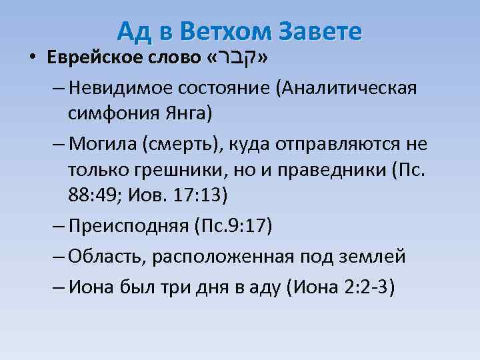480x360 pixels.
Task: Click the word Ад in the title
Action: tap(133, 31)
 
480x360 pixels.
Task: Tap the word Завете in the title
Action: tap(319, 31)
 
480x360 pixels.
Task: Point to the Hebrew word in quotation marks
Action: tap(239, 57)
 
